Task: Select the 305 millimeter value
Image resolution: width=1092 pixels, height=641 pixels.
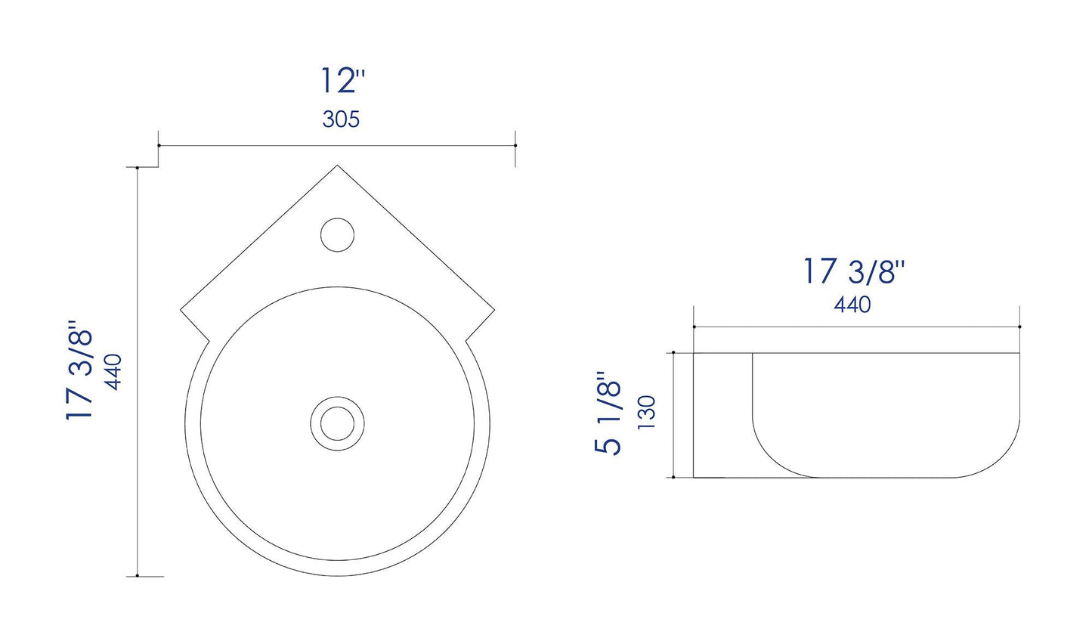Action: coord(341,119)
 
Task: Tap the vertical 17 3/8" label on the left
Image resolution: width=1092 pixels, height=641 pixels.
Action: coord(81,373)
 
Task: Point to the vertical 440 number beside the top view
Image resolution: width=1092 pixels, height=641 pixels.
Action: coord(113,372)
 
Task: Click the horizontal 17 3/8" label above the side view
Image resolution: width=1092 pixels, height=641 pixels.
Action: coord(852,271)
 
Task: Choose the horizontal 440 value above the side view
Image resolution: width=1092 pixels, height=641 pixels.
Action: coord(852,305)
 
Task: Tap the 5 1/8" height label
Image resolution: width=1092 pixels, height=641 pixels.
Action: coord(609,413)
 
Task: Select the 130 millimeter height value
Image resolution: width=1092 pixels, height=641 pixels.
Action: coord(646,413)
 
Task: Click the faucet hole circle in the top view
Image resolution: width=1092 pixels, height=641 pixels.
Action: coord(337,234)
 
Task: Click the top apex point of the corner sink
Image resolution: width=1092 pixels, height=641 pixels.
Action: coord(338,166)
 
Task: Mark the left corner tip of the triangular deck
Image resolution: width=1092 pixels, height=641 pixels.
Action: coord(181,308)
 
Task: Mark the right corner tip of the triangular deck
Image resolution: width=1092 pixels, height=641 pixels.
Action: coord(495,308)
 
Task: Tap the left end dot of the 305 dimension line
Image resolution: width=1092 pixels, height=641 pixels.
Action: coord(158,145)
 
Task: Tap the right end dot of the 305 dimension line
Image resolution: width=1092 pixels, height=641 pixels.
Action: coord(515,145)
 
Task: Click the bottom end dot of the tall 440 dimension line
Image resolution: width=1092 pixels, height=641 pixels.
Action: coord(137,576)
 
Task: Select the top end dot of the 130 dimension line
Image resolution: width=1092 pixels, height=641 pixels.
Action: coord(673,353)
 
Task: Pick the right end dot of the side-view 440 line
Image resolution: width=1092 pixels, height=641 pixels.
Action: coord(1019,327)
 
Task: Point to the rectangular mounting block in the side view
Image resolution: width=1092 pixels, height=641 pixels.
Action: coord(722,415)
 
